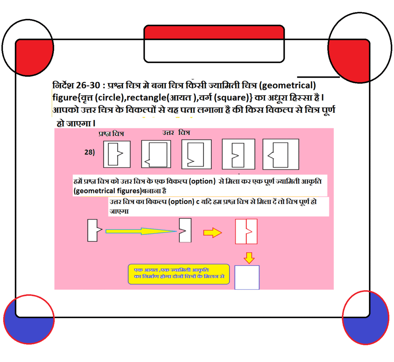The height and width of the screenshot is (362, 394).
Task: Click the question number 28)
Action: coord(89,152)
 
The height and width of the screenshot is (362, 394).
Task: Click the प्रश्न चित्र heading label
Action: coord(111,134)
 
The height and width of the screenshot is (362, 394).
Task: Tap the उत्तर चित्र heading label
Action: coord(176,132)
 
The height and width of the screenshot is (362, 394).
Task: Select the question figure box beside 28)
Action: coord(117,154)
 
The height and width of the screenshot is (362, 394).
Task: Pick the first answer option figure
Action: coord(156,154)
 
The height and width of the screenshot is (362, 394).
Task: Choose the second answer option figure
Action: coord(197,154)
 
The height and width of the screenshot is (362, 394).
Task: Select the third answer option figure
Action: coord(239,154)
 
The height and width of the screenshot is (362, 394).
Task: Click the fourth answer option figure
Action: coord(280,154)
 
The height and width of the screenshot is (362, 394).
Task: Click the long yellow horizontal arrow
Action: coord(141,231)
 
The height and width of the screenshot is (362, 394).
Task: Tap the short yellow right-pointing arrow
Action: coord(212,232)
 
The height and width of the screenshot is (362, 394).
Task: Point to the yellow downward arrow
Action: coord(249,258)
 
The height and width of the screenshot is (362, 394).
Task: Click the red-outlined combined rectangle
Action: coord(246,231)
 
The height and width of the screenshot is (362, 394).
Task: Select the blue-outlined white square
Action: coord(247,277)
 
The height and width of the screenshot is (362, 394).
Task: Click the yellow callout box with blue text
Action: coord(179,274)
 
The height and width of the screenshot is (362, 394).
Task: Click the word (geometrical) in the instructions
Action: coord(287,86)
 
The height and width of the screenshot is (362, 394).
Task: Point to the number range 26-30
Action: coord(88,85)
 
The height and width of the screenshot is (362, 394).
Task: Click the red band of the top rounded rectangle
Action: coord(214,32)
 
